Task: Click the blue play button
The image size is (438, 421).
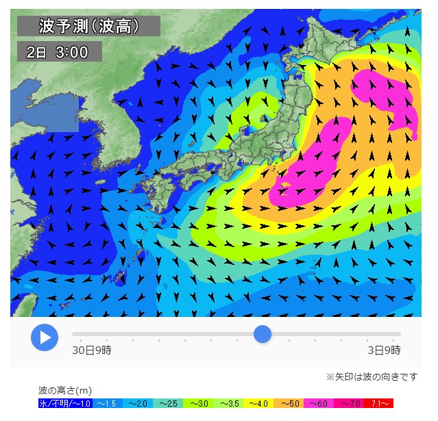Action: click(45, 337)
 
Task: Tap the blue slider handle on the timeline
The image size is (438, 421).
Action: click(263, 334)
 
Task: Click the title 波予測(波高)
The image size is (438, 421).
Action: click(88, 26)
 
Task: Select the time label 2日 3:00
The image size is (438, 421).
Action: click(59, 52)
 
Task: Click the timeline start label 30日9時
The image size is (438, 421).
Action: click(92, 350)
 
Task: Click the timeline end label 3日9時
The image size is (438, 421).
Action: click(384, 350)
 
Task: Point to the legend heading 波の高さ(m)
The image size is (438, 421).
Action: click(66, 390)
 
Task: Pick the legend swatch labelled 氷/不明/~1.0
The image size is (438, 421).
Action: click(65, 404)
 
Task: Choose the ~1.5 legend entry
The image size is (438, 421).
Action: click(106, 404)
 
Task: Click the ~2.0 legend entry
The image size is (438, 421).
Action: click(136, 404)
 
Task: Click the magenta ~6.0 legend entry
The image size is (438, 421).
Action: click(321, 404)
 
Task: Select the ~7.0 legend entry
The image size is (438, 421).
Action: click(350, 404)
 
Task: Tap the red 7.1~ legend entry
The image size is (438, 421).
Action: click(380, 404)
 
